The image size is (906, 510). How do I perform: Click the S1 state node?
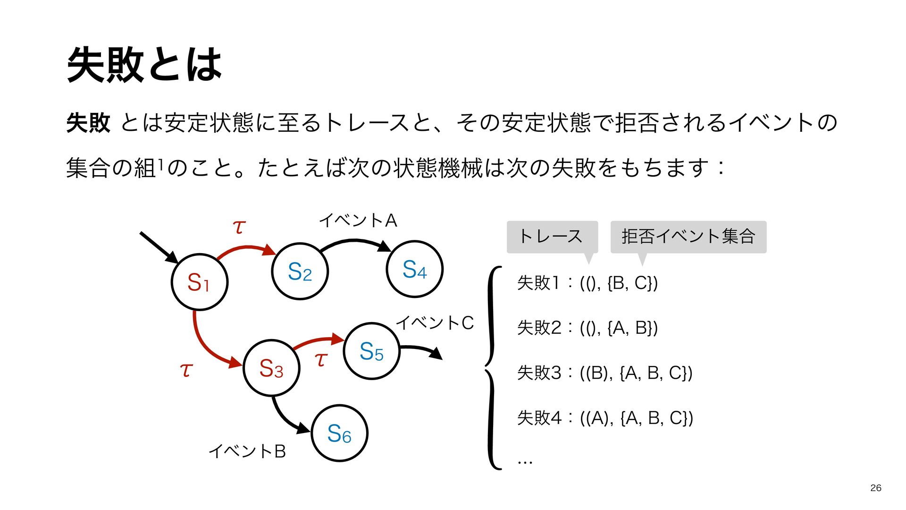(x=199, y=282)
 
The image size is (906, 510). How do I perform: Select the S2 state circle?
(x=300, y=272)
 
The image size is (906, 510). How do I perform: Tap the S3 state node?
(x=271, y=368)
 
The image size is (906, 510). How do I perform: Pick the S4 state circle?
(x=414, y=269)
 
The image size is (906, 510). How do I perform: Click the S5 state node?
(x=371, y=351)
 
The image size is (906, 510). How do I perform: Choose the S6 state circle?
(x=339, y=433)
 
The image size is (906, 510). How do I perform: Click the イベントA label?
(x=358, y=221)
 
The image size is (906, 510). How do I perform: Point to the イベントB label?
(x=247, y=451)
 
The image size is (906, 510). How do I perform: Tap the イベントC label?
(x=435, y=323)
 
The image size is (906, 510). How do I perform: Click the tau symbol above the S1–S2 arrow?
(x=239, y=227)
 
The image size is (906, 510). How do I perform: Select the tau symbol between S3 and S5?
(x=321, y=359)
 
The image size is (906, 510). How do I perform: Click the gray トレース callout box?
(x=552, y=237)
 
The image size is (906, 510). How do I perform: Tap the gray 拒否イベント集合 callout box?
(x=688, y=237)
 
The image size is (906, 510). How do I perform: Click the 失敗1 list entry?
(x=587, y=283)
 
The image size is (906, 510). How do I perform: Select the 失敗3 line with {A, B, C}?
(x=604, y=373)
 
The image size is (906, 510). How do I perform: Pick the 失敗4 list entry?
(x=604, y=418)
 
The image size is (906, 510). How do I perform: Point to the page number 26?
(x=876, y=488)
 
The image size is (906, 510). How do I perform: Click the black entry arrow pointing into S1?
(x=158, y=247)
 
